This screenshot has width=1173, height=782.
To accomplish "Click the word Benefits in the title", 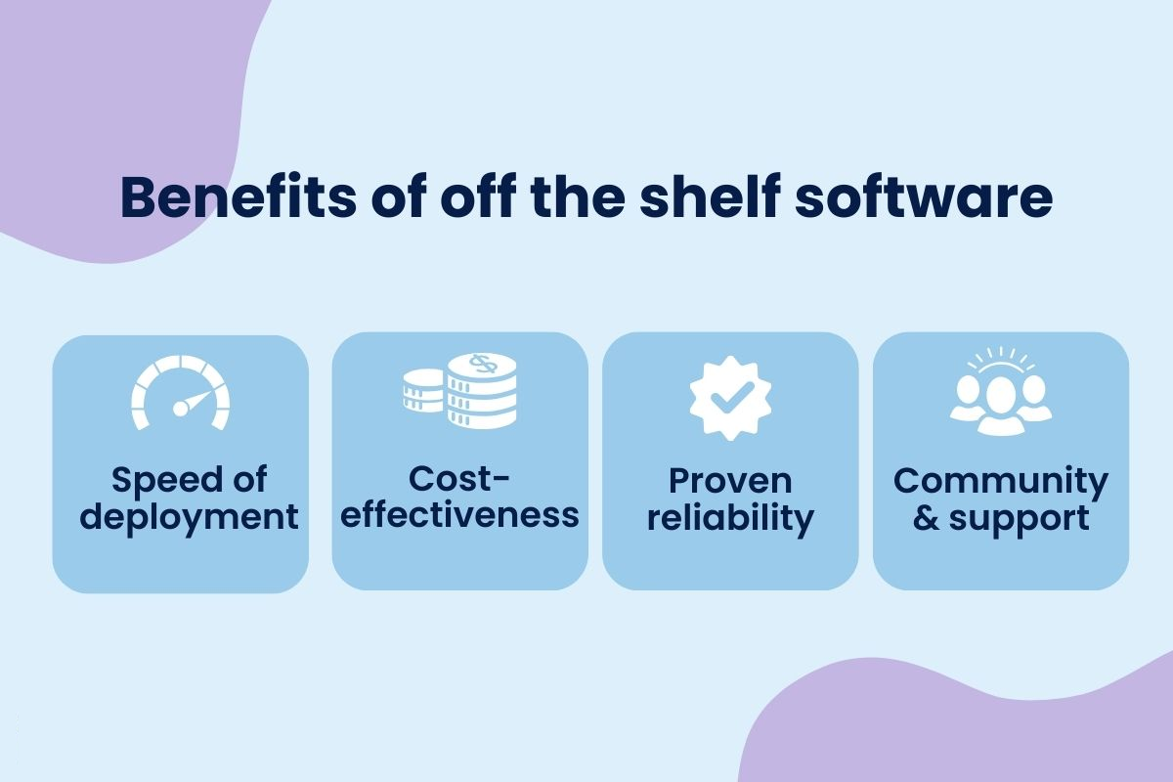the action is (239, 196).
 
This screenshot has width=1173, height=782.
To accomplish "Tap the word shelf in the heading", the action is (709, 196).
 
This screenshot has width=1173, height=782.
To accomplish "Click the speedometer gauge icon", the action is (180, 393).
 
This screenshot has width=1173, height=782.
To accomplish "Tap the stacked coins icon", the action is (459, 391).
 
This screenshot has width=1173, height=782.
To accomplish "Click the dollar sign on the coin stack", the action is (483, 364).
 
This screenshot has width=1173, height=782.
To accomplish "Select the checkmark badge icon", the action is (730, 398).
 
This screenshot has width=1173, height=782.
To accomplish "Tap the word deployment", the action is (189, 517).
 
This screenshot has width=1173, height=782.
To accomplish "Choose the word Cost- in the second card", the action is (459, 479).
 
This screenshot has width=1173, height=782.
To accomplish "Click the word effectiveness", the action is (459, 515).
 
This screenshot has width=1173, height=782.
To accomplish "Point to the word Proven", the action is (730, 481).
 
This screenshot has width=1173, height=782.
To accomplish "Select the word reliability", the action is (730, 518).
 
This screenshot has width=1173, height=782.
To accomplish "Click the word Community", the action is (1001, 481).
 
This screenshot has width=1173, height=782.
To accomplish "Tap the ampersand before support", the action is (926, 517).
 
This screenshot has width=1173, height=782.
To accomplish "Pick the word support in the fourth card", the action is (1020, 519).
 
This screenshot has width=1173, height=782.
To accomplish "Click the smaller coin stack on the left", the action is (423, 390).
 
